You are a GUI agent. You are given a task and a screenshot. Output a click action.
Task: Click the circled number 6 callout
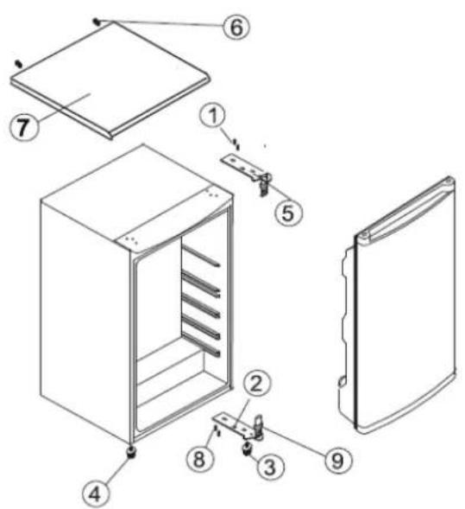coord(236,27)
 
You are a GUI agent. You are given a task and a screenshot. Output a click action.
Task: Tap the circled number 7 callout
coord(22,126)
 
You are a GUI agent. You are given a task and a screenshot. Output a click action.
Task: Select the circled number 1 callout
coord(212,116)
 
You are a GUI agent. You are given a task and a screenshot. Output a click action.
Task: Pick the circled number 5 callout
coord(288,213)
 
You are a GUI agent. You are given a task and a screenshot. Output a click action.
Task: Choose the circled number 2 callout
coord(257,385)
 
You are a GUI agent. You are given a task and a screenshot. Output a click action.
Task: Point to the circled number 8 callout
coord(200,459)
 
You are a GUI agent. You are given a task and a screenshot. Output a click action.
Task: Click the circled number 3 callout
coord(270,467)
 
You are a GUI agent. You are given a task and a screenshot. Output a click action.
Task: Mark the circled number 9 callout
coord(338,460)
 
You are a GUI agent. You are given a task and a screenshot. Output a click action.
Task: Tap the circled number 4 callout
coord(95,494)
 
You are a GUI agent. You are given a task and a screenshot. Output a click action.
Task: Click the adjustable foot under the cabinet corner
coord(131,452)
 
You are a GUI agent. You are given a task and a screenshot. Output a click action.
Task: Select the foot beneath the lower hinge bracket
coord(248,449)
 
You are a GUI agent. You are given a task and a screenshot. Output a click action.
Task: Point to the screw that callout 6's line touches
coord(97,22)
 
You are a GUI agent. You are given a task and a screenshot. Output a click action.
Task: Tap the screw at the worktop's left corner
coord(19,64)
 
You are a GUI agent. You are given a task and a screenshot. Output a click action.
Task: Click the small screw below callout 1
coord(236,143)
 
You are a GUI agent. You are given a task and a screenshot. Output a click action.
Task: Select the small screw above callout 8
coord(217,432)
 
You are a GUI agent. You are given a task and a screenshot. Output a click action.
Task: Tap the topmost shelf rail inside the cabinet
coord(201,257)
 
